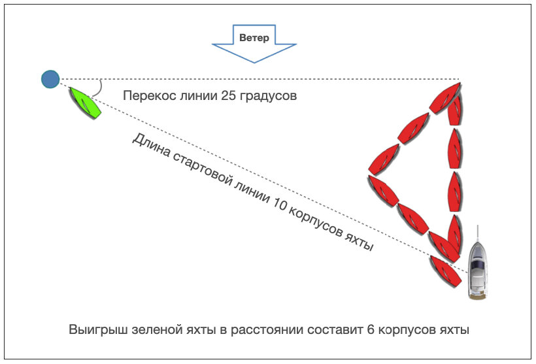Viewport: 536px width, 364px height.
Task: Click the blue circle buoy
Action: (50, 79)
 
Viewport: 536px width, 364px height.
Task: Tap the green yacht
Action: (84, 102)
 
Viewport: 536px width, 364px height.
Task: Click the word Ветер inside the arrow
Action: (254, 37)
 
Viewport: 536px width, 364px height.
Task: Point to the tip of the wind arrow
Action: (254, 62)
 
